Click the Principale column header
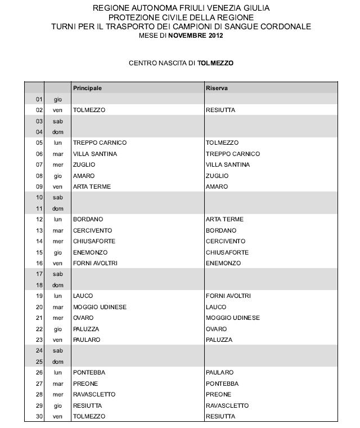point(87,88)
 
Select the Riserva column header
point(217,88)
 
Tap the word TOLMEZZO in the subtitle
point(215,64)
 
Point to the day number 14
point(39,242)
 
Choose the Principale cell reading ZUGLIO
point(84,165)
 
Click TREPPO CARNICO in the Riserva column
point(233,154)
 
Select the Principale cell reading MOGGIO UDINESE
point(100,307)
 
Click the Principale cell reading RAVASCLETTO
point(94,395)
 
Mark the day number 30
point(39,416)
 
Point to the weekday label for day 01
point(58,99)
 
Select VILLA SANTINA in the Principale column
point(94,154)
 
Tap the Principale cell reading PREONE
point(85,384)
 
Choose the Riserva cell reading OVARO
point(217,329)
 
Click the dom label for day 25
point(58,362)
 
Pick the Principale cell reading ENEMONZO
point(90,252)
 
